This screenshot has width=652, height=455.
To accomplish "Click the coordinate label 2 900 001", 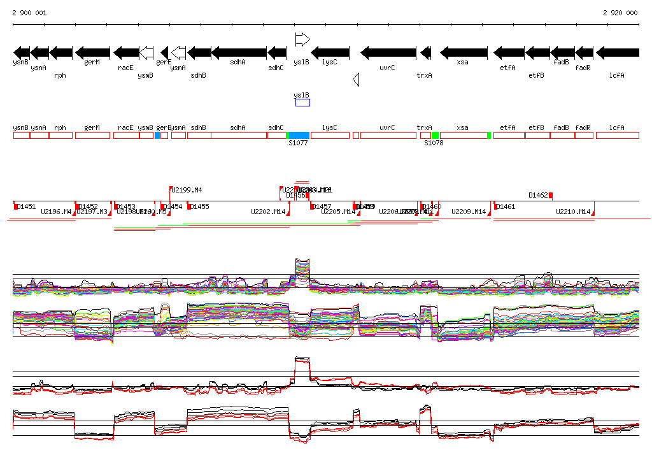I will pyautogui.click(x=29, y=13).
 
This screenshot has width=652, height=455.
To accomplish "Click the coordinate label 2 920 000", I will pyautogui.click(x=620, y=13).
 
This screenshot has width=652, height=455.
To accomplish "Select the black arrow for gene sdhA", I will pyautogui.click(x=239, y=52).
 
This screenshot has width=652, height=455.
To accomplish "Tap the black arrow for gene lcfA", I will pyautogui.click(x=617, y=52).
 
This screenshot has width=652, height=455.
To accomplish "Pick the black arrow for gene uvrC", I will pyautogui.click(x=388, y=52).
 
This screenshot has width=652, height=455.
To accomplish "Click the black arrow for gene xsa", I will pyautogui.click(x=464, y=52).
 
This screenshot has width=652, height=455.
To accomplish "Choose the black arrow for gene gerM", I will pyautogui.click(x=93, y=52).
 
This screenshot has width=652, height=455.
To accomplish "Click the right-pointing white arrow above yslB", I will pyautogui.click(x=302, y=40).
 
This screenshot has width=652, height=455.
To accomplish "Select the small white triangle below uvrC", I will pyautogui.click(x=357, y=80).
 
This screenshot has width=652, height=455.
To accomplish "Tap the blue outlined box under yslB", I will pyautogui.click(x=302, y=103).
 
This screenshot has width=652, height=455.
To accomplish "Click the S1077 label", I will pyautogui.click(x=298, y=143).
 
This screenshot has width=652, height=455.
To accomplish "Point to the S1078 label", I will pyautogui.click(x=434, y=143).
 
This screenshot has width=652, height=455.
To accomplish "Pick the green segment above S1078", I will pyautogui.click(x=435, y=135).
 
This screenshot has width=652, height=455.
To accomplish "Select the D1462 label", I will pyautogui.click(x=538, y=195).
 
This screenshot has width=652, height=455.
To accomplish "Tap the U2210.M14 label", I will pyautogui.click(x=574, y=212).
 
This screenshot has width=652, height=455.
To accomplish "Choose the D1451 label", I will pyautogui.click(x=27, y=206).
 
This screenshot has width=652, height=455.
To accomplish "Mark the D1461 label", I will pyautogui.click(x=506, y=206).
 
